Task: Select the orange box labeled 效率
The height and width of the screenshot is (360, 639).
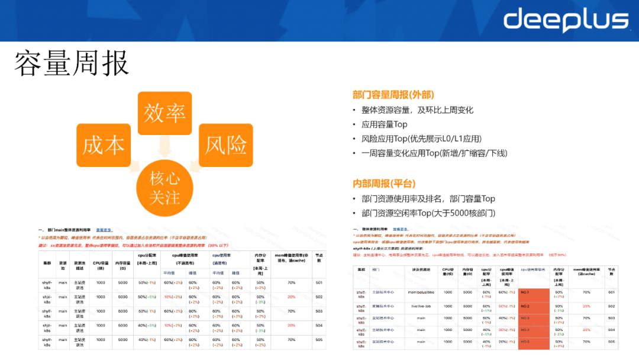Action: point(164,113)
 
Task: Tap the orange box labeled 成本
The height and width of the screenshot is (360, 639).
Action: point(104,145)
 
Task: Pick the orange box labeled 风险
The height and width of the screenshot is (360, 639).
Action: point(225,145)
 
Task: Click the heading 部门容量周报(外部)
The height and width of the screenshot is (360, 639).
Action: point(393,95)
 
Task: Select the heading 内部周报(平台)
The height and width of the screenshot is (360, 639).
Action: point(384,184)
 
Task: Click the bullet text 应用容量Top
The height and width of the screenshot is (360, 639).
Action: point(385,124)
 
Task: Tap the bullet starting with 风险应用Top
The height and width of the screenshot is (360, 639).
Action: point(421,139)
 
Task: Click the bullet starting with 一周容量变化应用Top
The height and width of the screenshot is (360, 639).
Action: point(434,153)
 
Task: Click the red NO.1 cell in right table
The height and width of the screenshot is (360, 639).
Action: point(533,292)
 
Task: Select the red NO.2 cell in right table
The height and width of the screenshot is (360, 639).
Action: point(533,307)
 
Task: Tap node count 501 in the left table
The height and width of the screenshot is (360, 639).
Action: point(319,283)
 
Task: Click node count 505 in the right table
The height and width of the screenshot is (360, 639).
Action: point(611,342)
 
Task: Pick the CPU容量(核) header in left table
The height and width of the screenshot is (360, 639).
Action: point(101,262)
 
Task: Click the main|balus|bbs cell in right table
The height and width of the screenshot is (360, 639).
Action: point(421,292)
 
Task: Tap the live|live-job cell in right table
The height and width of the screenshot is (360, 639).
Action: point(421,307)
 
